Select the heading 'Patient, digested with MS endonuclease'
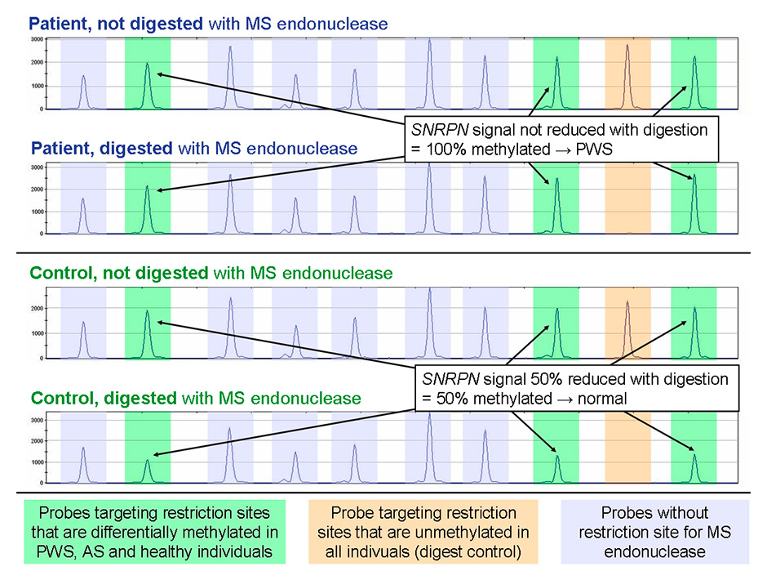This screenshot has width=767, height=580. click(x=193, y=149)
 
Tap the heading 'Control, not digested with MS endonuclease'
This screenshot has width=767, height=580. click(x=211, y=272)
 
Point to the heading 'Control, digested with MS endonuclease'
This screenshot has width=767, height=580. click(x=195, y=399)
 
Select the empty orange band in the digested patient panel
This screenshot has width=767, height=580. click(x=627, y=199)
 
